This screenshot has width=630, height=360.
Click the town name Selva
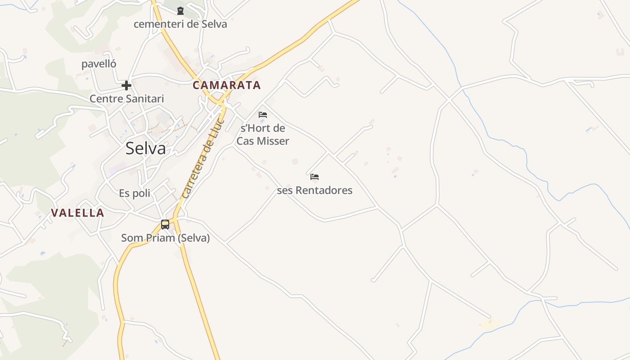coord(145,148)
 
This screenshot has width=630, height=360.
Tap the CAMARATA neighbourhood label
coord(227,85)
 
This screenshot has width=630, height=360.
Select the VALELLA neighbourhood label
coord(77,213)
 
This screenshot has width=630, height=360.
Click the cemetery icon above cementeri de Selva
coord(180,11)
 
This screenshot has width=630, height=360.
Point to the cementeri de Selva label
coord(180,24)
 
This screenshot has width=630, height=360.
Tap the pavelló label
coord(99,64)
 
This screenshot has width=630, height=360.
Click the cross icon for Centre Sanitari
coord(126,85)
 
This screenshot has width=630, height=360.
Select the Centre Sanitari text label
coord(127,99)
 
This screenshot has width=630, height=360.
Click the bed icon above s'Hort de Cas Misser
coord(263,115)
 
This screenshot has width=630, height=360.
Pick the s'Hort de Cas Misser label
coord(263,135)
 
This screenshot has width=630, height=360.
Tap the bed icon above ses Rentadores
coord(315,177)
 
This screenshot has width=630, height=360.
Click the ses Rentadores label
coord(315,190)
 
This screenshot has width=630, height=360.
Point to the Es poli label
coord(135,193)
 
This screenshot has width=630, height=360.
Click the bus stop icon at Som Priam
coord(165,224)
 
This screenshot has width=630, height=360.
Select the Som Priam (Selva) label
coord(166,238)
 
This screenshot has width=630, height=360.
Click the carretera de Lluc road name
coord(203,158)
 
